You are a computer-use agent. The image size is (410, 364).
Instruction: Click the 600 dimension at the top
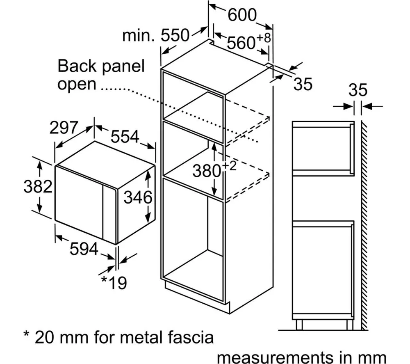click(x=242, y=16)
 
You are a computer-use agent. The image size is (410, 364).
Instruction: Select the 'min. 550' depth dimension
click(x=156, y=36)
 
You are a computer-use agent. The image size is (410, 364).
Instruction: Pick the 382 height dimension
click(x=38, y=187)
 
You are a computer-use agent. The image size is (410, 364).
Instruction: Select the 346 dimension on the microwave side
click(x=138, y=198)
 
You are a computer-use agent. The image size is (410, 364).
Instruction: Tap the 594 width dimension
click(x=84, y=249)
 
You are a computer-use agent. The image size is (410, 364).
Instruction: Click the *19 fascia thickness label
click(x=114, y=283)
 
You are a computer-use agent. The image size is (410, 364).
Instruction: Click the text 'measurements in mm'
click(x=301, y=355)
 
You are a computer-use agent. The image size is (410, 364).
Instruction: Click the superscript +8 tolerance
click(x=264, y=38)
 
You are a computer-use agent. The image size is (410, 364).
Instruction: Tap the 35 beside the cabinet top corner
click(x=303, y=84)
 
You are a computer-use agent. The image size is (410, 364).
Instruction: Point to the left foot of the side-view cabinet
click(x=299, y=325)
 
